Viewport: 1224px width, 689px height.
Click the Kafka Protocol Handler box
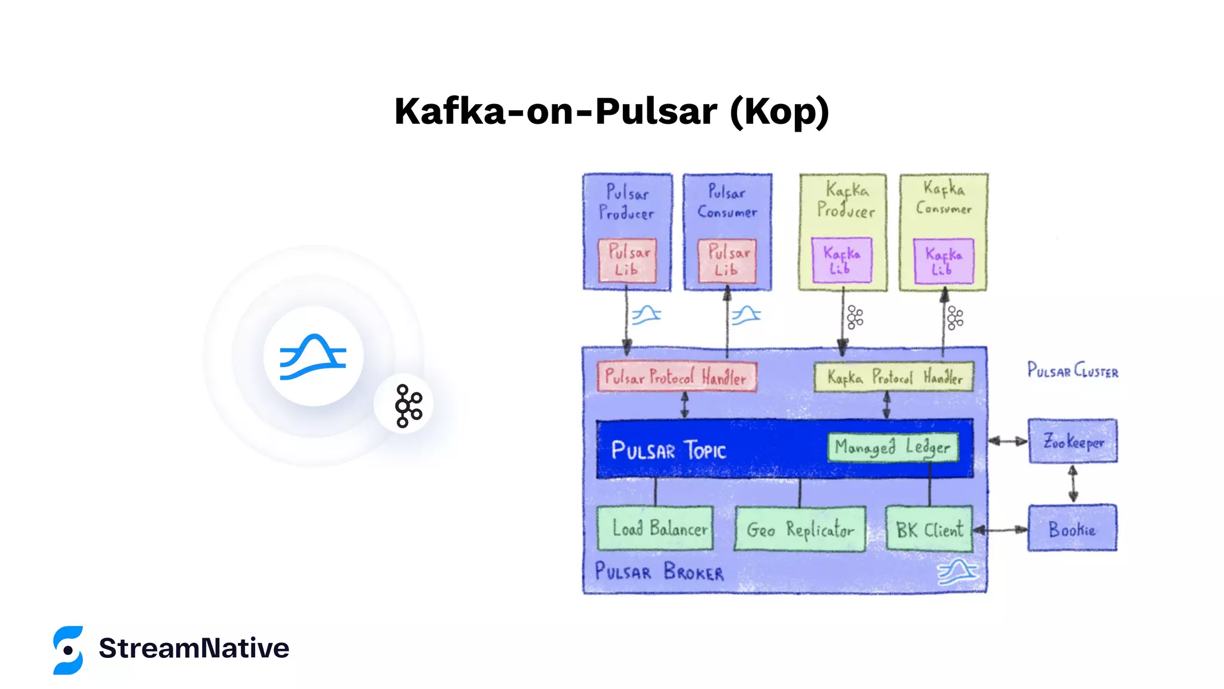coord(893,377)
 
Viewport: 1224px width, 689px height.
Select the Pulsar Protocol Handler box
coord(677,377)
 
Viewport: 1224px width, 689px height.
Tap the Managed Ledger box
coord(893,447)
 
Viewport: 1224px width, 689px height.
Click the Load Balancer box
coord(655,529)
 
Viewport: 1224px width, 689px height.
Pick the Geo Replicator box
coord(800,529)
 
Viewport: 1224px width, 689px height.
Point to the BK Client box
coord(929,529)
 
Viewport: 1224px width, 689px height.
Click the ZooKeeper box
coord(1073,441)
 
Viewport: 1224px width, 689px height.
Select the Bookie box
coord(1072,529)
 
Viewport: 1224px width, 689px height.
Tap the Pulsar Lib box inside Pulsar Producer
coord(628,261)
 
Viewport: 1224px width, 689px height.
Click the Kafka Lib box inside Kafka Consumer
coord(944,261)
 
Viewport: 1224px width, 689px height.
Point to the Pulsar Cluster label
coord(1073,371)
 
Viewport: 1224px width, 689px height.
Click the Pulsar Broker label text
coord(659,572)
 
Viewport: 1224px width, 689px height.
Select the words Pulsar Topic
coord(668,450)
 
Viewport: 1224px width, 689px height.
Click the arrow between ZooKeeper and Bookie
coord(1073,483)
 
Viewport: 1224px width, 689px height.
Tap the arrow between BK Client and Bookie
coord(1000,529)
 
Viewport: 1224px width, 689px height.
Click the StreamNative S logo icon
coord(68,650)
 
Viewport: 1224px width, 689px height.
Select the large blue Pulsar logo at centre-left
coord(313,356)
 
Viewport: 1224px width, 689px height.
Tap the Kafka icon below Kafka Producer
coord(855,318)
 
